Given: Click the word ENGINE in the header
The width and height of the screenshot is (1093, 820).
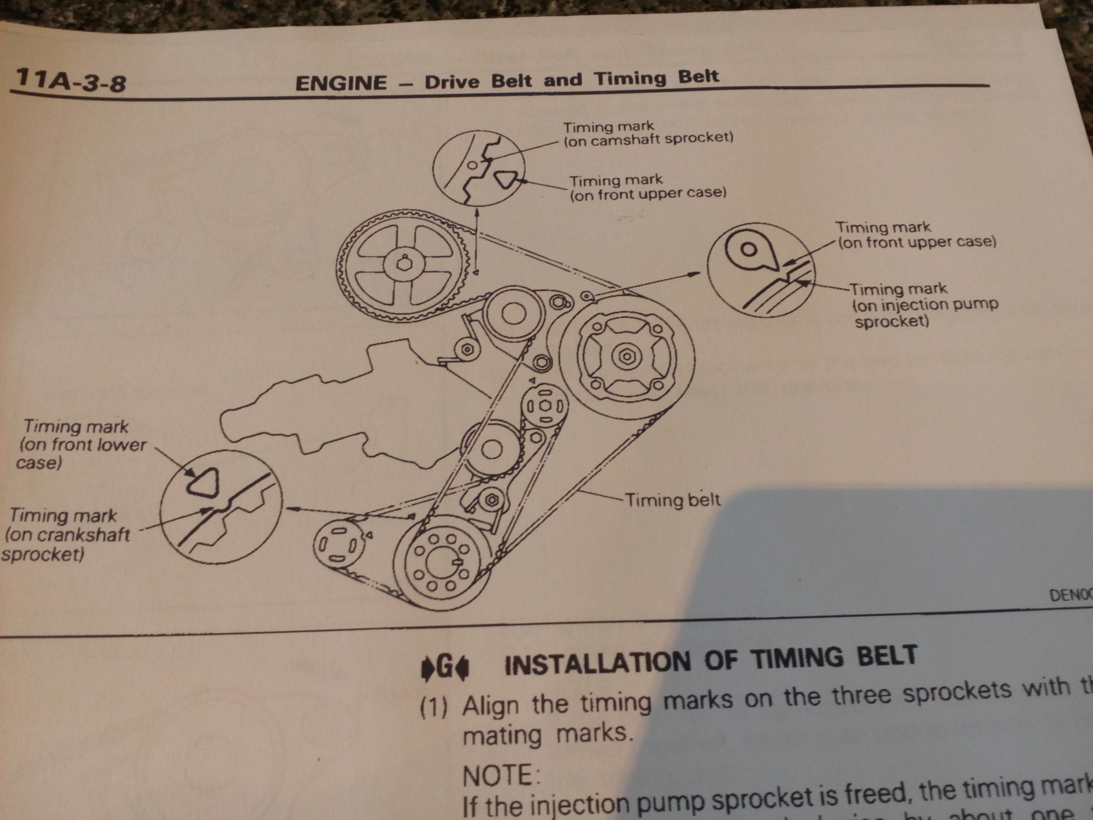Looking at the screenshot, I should coord(340,83).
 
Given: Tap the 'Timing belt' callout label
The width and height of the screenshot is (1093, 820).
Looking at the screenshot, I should coord(672,500).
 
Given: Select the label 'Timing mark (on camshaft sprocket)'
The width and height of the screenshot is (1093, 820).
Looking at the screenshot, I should coord(648,133).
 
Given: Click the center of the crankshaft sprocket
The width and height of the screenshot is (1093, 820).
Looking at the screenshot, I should coord(440,563).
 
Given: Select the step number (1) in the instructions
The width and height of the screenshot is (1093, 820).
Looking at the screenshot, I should coord(434,708).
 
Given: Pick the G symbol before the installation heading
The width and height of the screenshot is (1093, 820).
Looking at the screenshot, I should coord(445,669).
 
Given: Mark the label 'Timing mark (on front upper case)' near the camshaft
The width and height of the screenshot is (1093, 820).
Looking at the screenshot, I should coord(648,187).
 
